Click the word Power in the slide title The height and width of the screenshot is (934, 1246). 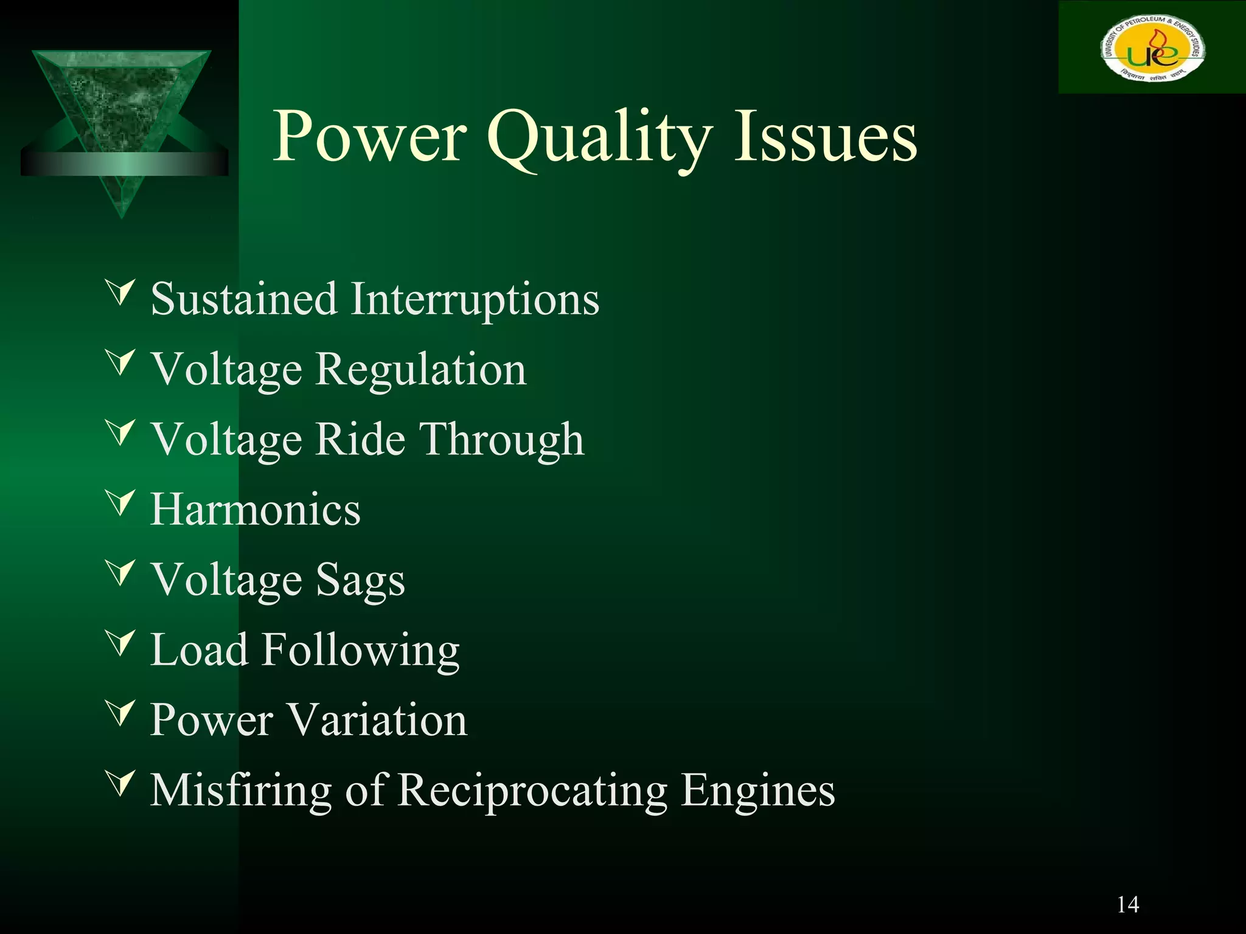[x=370, y=137]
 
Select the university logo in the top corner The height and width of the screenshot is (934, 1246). [x=1152, y=49]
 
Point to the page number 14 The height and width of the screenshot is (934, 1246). [x=1127, y=904]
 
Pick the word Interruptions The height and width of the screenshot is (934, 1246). [x=475, y=299]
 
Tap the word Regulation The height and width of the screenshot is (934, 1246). [x=420, y=369]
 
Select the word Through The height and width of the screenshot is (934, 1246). [x=503, y=439]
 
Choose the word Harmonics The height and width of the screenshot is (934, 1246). [x=256, y=509]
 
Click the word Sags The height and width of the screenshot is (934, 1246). [x=360, y=579]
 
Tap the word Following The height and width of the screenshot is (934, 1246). [x=361, y=650]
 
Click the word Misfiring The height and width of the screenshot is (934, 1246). [x=241, y=790]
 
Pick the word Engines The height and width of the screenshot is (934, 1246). [x=758, y=790]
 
